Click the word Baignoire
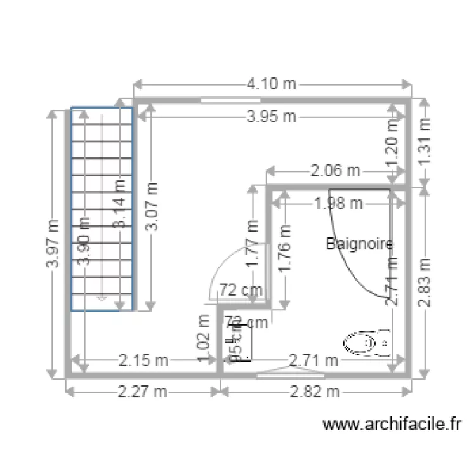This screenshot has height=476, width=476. point(359,243)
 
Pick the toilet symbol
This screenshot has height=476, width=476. point(366,343)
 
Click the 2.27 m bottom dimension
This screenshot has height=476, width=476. point(143,392)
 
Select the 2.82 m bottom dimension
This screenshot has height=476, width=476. point(314,392)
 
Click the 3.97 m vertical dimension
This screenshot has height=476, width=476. point(53,244)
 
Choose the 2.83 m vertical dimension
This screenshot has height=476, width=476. point(425,282)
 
